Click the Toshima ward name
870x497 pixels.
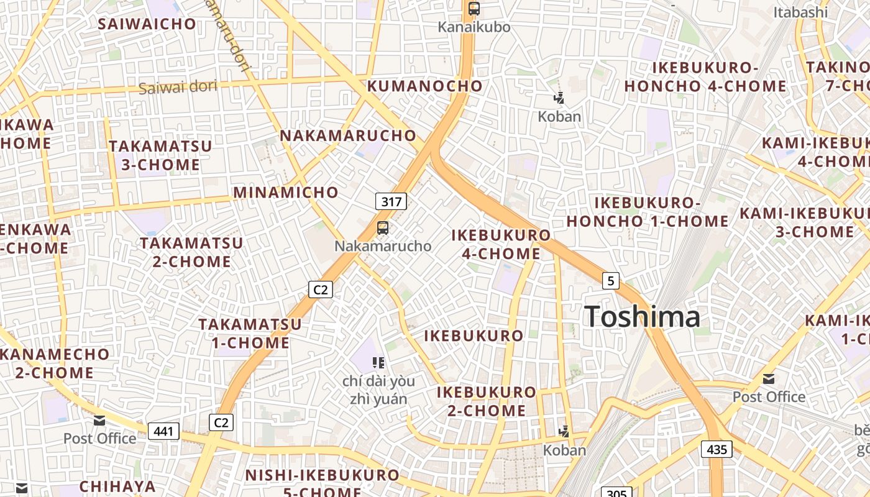click(x=643, y=317)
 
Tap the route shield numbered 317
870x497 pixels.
click(x=391, y=201)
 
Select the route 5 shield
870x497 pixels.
click(x=611, y=281)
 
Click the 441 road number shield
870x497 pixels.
click(x=163, y=431)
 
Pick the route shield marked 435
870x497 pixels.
click(x=717, y=449)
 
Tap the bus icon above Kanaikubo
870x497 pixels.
click(x=474, y=9)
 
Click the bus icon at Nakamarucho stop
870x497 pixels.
click(x=383, y=228)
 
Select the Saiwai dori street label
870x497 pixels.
click(x=178, y=87)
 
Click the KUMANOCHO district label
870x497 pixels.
click(x=424, y=86)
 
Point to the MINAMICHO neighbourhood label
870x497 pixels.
click(x=286, y=193)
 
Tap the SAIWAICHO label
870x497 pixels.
click(x=147, y=24)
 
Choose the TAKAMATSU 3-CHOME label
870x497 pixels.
click(x=160, y=155)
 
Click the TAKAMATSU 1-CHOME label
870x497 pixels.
click(x=250, y=333)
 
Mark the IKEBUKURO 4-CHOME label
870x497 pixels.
click(x=501, y=244)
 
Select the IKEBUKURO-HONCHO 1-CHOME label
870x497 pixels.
click(x=648, y=212)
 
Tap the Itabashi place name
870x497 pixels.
click(x=800, y=12)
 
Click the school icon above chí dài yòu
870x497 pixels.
click(x=378, y=362)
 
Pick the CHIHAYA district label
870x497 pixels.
click(x=117, y=485)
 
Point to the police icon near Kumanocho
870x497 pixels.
click(x=559, y=98)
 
